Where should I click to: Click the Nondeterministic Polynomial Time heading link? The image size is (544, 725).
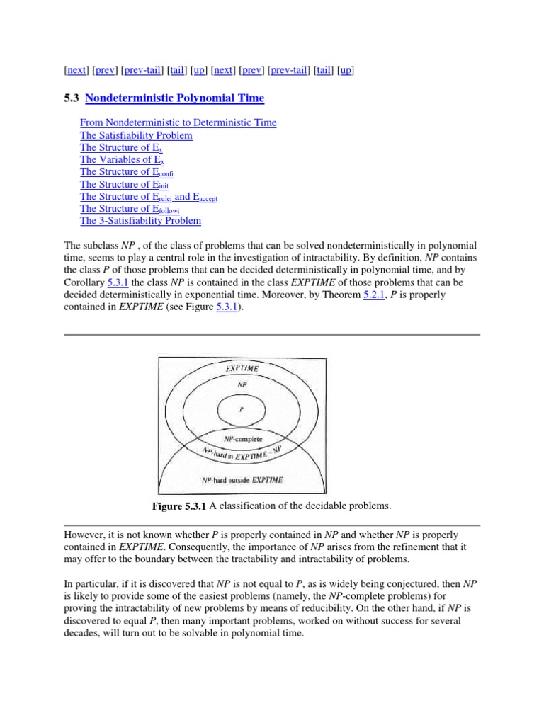(175, 98)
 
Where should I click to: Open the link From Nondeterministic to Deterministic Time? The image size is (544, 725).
(178, 123)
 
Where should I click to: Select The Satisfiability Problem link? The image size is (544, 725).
(136, 135)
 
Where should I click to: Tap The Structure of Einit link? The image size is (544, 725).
(124, 184)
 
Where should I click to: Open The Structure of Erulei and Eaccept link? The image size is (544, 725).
(149, 196)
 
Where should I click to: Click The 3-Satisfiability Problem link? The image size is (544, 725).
(140, 221)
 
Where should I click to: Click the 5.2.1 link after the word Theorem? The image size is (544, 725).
(372, 295)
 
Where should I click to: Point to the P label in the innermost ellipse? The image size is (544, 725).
(242, 409)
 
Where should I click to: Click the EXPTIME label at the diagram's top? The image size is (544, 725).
(242, 369)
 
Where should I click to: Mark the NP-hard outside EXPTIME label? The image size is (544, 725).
(242, 479)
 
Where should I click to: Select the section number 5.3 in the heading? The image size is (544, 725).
(72, 98)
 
